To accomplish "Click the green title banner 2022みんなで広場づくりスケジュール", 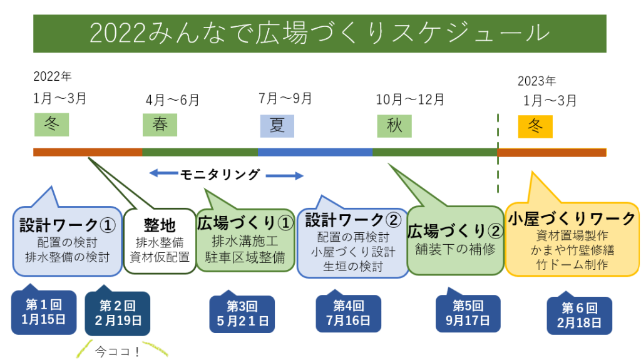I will pos(319,33).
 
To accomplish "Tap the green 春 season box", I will pos(160,125).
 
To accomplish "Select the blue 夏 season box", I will pos(277,125).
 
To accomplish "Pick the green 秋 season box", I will pos(394,125).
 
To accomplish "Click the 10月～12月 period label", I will pos(410,99).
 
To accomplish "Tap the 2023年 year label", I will pos(536,81).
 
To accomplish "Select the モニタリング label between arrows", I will pos(220,175).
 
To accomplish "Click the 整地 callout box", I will pos(160,241).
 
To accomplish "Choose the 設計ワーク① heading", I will pos(67,225).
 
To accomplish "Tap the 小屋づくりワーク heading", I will pos(572,219).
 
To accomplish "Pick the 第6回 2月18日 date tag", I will pos(579,316).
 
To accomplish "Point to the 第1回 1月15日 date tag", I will pos(44,312).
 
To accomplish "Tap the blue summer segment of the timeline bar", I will pos(315,152).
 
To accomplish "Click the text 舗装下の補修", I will pos(455,249).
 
